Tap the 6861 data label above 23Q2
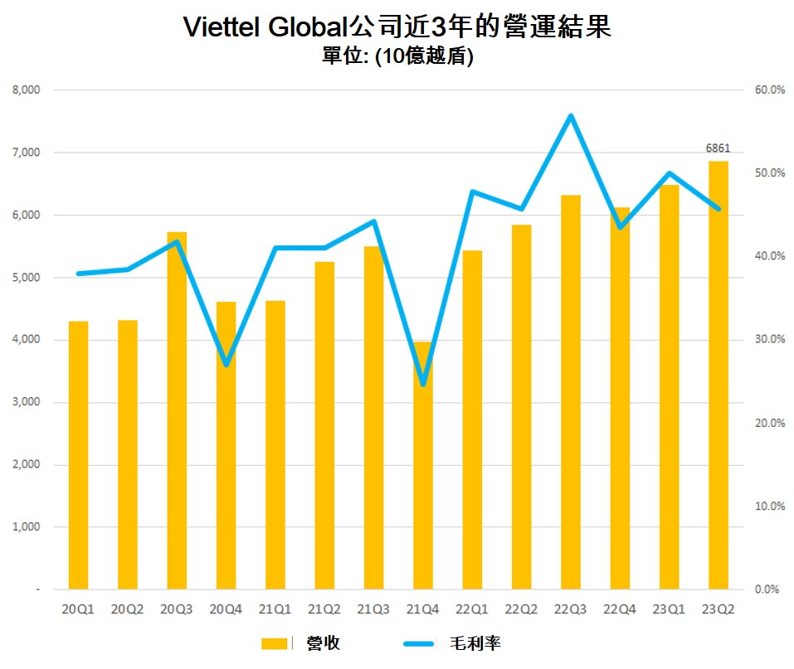(718, 148)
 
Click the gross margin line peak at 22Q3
(571, 115)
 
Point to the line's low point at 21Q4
(423, 385)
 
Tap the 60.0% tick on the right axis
(768, 90)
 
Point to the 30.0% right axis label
(768, 340)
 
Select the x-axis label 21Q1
(275, 609)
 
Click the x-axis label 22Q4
(620, 609)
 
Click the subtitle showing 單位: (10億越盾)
(397, 58)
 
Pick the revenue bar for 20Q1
(78, 456)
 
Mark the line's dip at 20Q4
(226, 365)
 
